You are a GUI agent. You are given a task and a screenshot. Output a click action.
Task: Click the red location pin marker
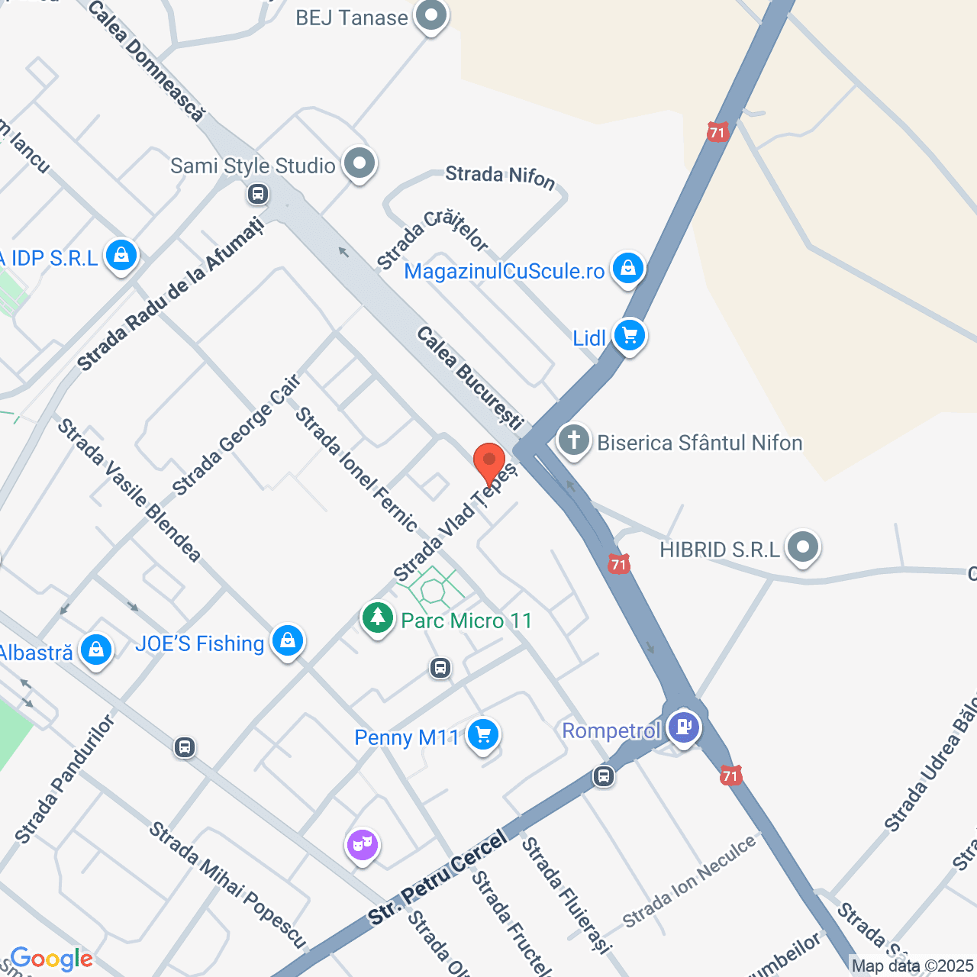tap(489, 463)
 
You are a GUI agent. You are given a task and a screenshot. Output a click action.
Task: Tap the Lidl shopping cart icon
tap(630, 335)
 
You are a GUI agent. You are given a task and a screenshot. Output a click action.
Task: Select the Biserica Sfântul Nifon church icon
tap(574, 440)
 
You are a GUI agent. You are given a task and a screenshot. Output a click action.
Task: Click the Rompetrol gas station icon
tap(683, 726)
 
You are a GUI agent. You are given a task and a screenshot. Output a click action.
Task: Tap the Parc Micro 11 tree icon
tap(377, 617)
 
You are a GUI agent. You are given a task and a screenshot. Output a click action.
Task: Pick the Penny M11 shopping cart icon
tap(482, 734)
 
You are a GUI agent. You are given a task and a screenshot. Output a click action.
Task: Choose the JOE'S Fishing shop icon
tap(288, 640)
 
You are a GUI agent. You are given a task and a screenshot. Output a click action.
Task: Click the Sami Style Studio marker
tap(359, 163)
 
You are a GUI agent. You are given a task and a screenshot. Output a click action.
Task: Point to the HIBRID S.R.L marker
tap(802, 547)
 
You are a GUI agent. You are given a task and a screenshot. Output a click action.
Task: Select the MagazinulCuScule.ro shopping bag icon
tap(627, 268)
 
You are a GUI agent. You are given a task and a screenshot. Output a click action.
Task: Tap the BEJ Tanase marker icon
tap(431, 16)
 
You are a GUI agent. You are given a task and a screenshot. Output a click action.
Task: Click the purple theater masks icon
tap(363, 844)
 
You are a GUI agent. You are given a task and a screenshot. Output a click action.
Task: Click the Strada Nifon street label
tap(500, 176)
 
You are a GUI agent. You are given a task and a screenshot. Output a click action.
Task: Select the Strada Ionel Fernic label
tap(356, 469)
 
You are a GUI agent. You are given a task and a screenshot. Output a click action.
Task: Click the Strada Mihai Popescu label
tap(227, 885)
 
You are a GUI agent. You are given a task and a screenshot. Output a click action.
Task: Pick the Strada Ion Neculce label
tap(689, 882)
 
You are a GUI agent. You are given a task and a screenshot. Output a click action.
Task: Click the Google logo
tap(51, 959)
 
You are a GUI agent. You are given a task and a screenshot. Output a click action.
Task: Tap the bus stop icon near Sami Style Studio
tap(258, 193)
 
